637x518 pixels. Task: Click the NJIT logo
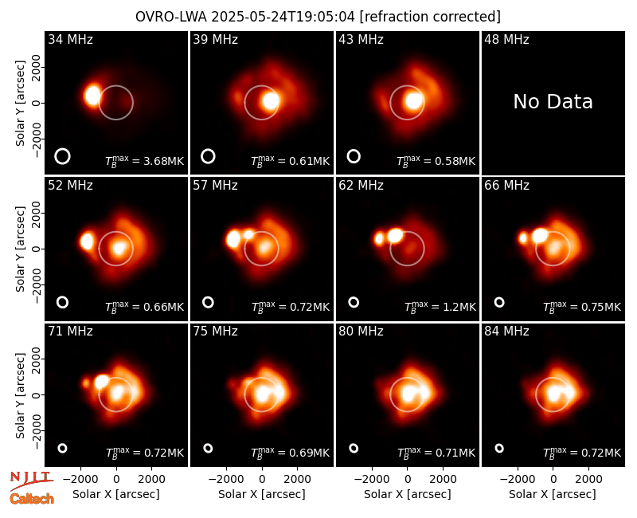tap(31, 480)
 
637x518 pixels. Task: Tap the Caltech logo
tap(32, 499)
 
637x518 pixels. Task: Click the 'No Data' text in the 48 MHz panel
tap(553, 102)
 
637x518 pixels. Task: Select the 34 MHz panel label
tap(70, 39)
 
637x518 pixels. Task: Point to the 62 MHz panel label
tap(361, 186)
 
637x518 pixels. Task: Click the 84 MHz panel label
tap(506, 332)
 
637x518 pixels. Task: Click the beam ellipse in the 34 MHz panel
tap(63, 149)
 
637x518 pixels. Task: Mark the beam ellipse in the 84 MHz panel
tap(499, 445)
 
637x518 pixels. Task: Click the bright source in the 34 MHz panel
tap(93, 96)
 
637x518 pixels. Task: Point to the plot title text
tap(318, 17)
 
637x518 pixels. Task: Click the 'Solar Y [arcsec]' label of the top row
tap(20, 104)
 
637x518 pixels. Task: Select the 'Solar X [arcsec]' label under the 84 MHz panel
tap(553, 494)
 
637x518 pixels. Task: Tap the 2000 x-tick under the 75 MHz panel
tap(297, 479)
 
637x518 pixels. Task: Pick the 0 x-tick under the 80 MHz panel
tap(408, 479)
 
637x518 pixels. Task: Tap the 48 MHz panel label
tap(506, 39)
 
